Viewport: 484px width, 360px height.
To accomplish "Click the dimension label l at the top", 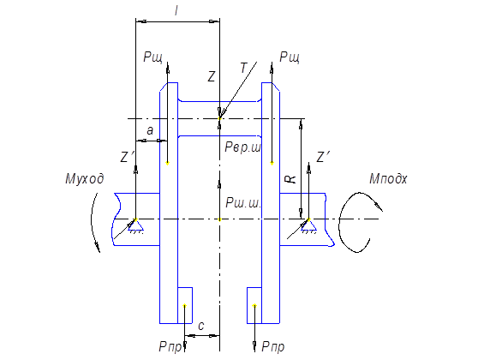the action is [176, 11].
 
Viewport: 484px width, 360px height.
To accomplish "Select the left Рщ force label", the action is [153, 57].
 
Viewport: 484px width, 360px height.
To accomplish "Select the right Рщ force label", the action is [290, 57].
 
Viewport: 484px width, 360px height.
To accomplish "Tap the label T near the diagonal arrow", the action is [244, 68].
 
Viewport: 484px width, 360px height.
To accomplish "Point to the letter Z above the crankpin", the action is [212, 76].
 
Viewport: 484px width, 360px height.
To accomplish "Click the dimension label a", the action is [150, 130].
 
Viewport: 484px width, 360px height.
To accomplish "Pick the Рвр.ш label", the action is [243, 147].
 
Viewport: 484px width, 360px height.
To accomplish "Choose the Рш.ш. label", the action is [244, 203].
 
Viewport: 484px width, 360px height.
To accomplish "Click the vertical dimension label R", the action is [292, 179].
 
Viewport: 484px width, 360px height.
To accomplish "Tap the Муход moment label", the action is [85, 179].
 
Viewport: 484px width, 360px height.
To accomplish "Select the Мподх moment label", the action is [388, 179].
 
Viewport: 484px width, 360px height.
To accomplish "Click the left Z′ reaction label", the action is [127, 157].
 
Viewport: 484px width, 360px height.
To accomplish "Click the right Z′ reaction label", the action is [324, 157].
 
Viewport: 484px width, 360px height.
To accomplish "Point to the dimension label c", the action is [201, 326].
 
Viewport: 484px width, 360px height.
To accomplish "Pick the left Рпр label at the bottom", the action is [170, 347].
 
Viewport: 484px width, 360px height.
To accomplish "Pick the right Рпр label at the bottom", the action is [273, 347].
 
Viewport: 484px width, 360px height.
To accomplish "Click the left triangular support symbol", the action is [135, 225].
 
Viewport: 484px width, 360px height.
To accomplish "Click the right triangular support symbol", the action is [308, 225].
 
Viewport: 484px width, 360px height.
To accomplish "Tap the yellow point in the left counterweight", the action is [184, 306].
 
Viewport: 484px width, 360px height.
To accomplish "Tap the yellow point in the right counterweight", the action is [254, 306].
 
